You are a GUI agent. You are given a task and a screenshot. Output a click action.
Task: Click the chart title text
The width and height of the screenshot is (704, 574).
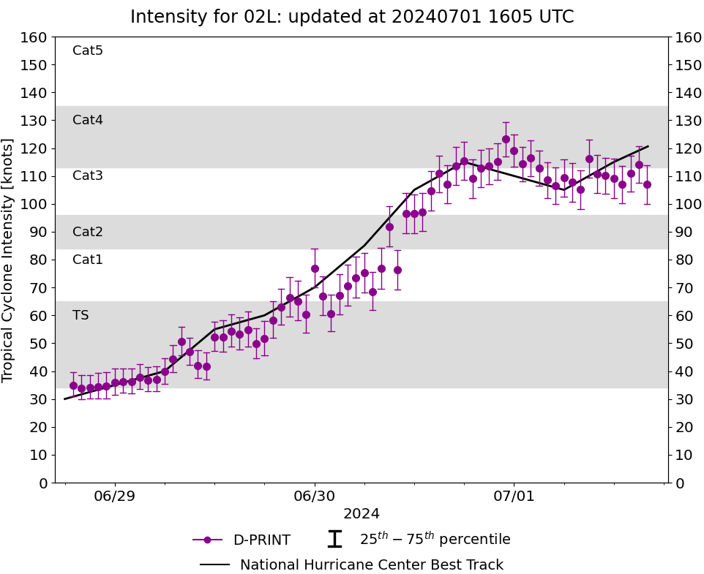tap(352, 17)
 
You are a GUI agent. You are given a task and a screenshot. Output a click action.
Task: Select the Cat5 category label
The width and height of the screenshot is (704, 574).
tap(88, 50)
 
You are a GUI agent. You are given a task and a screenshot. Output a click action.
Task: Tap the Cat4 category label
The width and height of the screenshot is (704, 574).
tap(88, 120)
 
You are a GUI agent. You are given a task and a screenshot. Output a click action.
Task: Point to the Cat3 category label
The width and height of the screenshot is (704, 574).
tap(88, 175)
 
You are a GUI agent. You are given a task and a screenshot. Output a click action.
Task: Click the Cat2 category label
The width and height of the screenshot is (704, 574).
tap(88, 232)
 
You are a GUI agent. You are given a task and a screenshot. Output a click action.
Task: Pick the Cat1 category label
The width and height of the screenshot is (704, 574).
tap(88, 260)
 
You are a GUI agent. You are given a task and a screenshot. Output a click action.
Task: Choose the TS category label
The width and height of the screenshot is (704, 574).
tap(80, 315)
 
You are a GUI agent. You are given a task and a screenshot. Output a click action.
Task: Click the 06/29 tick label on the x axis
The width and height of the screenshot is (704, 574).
tap(115, 497)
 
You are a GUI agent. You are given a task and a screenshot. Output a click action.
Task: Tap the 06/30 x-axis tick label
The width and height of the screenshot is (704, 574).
tap(315, 497)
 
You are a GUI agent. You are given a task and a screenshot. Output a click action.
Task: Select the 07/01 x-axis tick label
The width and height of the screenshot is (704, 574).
tap(514, 497)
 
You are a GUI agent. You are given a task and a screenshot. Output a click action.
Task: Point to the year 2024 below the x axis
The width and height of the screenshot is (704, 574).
tap(362, 514)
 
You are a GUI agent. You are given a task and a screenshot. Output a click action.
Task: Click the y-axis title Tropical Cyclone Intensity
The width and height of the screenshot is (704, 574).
tap(9, 260)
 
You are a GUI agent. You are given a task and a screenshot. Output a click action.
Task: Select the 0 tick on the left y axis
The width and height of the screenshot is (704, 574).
tap(42, 483)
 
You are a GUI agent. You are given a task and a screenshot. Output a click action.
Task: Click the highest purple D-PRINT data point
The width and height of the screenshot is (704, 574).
tap(506, 139)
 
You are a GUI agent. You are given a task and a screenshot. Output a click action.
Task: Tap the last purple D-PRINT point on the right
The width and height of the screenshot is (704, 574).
tap(647, 184)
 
